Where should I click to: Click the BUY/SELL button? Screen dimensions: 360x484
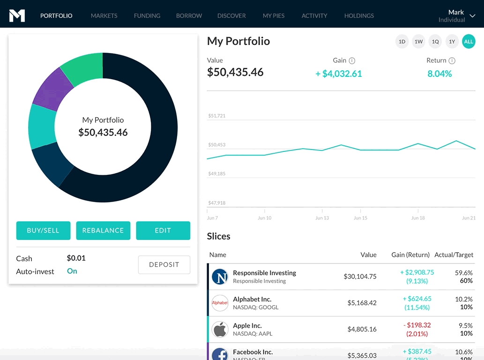click(x=43, y=231)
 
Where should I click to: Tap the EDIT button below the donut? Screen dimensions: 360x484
click(x=163, y=231)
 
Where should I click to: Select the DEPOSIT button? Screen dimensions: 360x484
click(x=164, y=265)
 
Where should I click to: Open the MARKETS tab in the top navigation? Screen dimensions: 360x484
click(x=104, y=16)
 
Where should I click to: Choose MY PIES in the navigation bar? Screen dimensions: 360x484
click(x=274, y=16)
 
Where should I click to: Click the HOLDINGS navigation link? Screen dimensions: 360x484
click(x=359, y=16)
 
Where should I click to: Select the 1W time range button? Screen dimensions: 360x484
click(x=418, y=42)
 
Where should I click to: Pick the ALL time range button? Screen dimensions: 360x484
click(x=469, y=42)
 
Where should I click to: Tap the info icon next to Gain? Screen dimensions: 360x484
click(x=352, y=60)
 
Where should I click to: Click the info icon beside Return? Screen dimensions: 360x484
click(x=452, y=60)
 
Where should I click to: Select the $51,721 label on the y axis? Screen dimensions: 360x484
click(x=217, y=116)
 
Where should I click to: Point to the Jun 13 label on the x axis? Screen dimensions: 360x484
click(x=322, y=218)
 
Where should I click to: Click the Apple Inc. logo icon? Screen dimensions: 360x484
click(x=220, y=330)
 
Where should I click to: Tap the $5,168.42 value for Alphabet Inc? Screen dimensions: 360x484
click(x=362, y=303)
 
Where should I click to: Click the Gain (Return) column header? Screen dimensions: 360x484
click(x=410, y=255)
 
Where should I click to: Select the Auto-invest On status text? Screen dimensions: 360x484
click(x=72, y=271)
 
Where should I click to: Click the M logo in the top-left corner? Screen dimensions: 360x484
click(x=17, y=15)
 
